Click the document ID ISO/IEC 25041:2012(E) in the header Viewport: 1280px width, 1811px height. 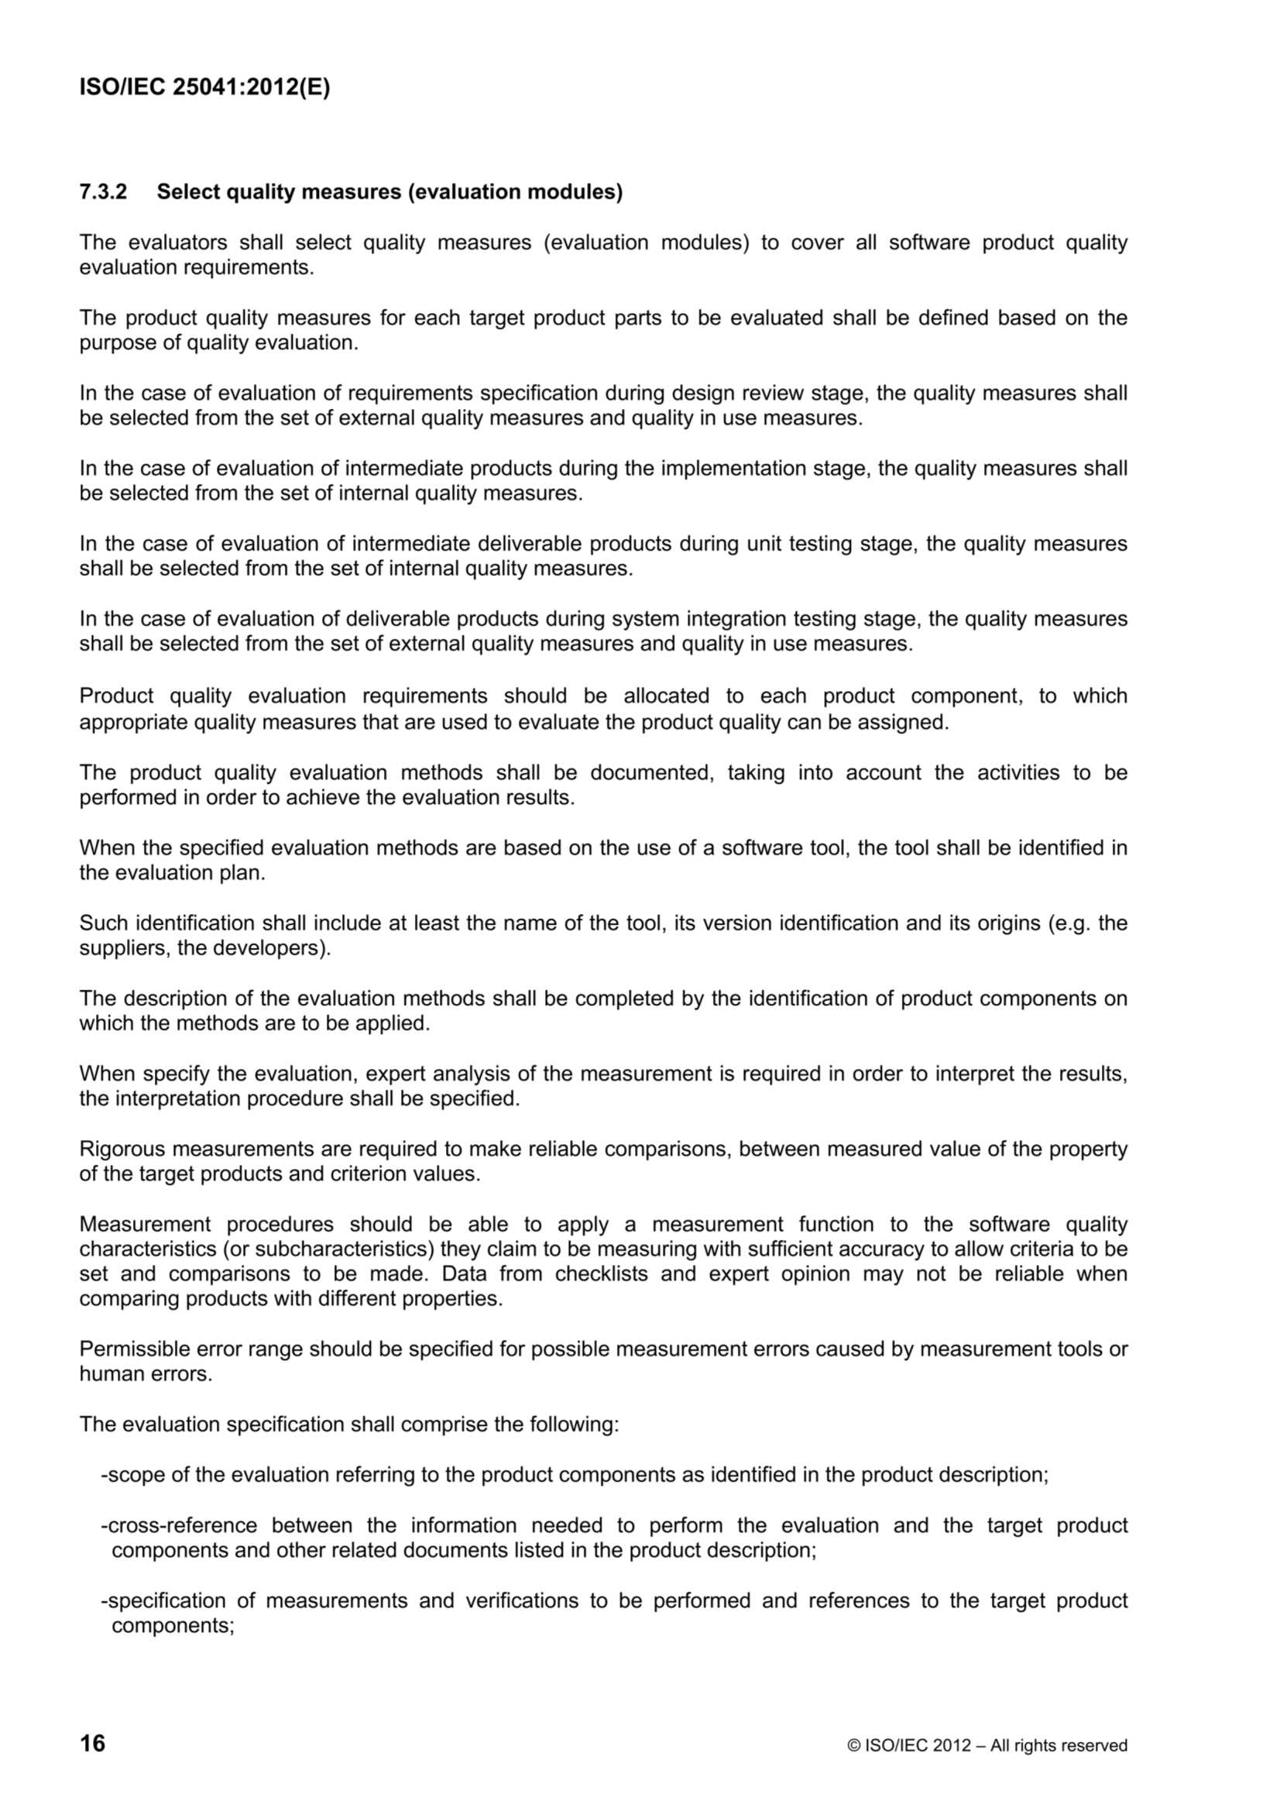[x=204, y=88]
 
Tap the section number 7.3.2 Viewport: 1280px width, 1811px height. [x=102, y=191]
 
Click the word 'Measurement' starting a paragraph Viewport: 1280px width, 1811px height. [x=145, y=1225]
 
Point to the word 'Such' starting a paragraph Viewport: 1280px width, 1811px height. [x=104, y=923]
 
